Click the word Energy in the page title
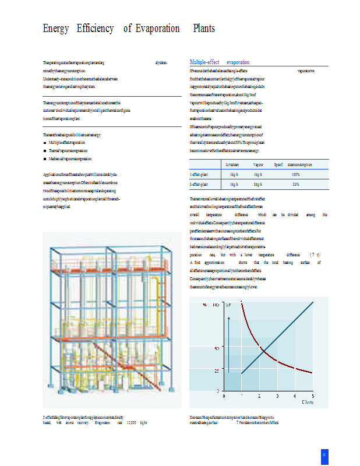point(56,28)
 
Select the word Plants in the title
point(203,28)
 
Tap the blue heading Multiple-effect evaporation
point(220,62)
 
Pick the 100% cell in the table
point(295,174)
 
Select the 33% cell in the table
point(295,184)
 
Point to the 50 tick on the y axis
point(216,348)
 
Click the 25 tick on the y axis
point(216,370)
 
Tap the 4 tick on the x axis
point(296,396)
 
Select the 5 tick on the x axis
point(313,396)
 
